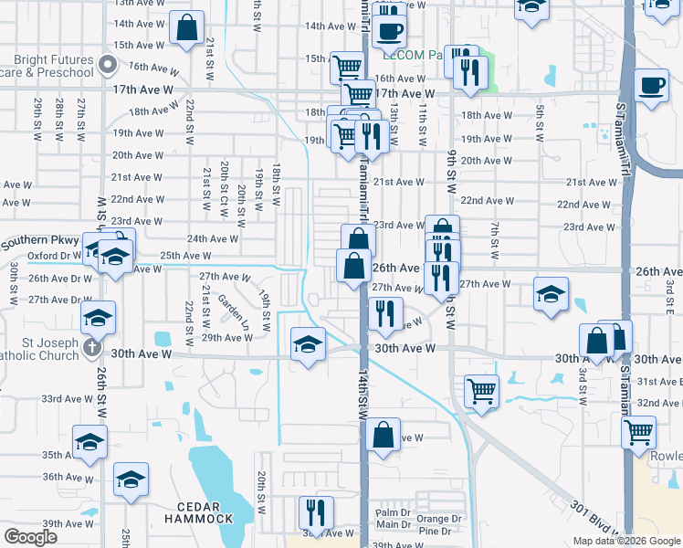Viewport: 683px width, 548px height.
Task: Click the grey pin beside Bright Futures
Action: click(x=108, y=65)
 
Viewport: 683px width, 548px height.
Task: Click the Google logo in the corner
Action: click(x=31, y=538)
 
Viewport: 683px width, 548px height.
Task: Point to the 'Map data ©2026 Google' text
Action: click(x=626, y=541)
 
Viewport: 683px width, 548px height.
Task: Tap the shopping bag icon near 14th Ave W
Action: click(x=187, y=28)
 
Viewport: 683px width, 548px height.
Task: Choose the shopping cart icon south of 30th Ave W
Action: click(x=481, y=391)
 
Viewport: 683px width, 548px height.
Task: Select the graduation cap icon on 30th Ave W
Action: click(x=309, y=345)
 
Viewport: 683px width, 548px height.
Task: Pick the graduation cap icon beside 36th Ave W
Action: click(x=131, y=479)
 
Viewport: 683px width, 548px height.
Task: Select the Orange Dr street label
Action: click(x=433, y=519)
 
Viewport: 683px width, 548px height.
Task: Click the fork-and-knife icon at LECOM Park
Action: click(x=469, y=72)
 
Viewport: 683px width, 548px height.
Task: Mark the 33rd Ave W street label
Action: click(x=64, y=399)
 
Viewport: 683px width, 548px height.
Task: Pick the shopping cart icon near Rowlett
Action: click(x=638, y=432)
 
